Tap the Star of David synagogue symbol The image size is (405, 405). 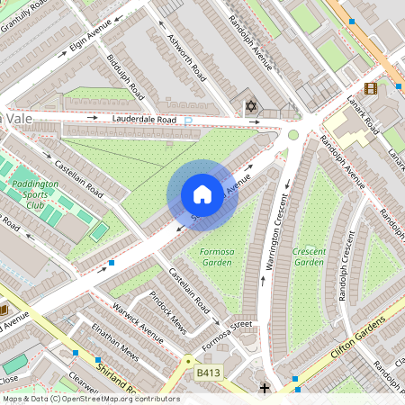click(x=251, y=107)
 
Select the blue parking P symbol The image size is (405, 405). click(x=188, y=121)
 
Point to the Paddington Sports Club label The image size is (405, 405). click(x=33, y=193)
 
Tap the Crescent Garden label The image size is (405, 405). click(x=309, y=256)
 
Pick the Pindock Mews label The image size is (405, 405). click(x=168, y=309)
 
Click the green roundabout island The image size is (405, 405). click(x=292, y=135)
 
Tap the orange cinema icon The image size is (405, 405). click(x=371, y=87)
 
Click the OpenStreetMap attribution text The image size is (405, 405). click(x=90, y=398)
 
